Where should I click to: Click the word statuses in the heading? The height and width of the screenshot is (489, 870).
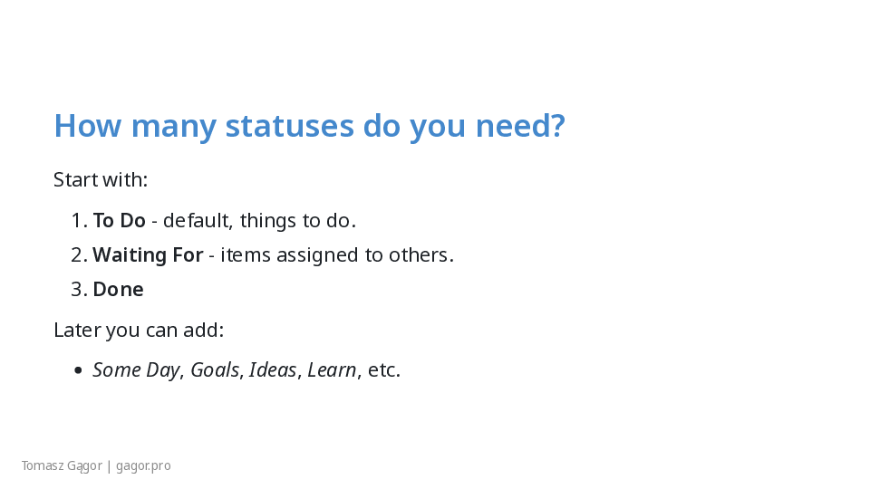pos(289,125)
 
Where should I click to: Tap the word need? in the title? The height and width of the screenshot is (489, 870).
pos(520,125)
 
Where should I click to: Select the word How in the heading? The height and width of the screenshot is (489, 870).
pos(88,125)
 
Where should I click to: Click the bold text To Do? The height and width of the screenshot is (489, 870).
pos(120,221)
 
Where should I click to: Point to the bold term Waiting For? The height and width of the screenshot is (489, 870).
pos(148,255)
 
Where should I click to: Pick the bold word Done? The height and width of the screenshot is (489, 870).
pos(118,290)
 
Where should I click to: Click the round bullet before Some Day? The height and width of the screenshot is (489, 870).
pos(78,370)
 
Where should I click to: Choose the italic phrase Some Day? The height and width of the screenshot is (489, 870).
pos(137,369)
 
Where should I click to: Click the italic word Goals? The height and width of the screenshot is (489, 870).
pos(216,369)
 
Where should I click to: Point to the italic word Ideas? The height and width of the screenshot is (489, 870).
pos(273,369)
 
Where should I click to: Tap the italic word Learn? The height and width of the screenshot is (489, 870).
pos(332,369)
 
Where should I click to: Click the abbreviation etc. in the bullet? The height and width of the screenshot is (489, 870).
pos(384,369)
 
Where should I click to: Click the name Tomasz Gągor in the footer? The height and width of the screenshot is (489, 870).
pos(63,465)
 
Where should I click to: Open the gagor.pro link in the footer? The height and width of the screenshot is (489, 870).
pos(143,466)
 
